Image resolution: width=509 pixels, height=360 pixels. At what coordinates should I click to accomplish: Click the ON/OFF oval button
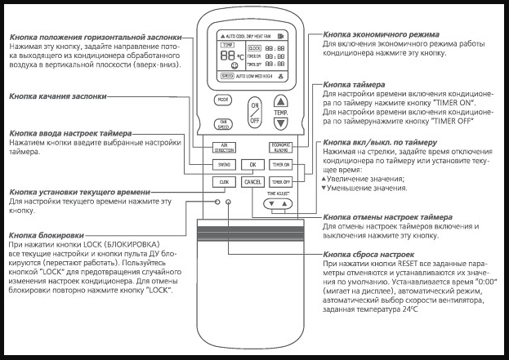(x=254, y=111)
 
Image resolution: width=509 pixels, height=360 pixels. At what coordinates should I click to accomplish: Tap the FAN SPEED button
(x=223, y=124)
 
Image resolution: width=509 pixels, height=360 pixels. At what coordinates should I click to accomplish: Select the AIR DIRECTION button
(x=223, y=148)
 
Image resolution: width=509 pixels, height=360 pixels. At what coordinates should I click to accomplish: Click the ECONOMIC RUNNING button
(x=281, y=148)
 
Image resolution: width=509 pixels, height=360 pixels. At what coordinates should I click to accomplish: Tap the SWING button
(x=223, y=164)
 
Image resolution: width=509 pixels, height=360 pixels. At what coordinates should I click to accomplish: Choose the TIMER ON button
(x=281, y=164)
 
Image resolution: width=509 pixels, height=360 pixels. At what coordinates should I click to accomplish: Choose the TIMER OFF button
(x=281, y=181)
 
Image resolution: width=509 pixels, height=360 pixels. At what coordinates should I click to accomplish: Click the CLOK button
(x=223, y=181)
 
